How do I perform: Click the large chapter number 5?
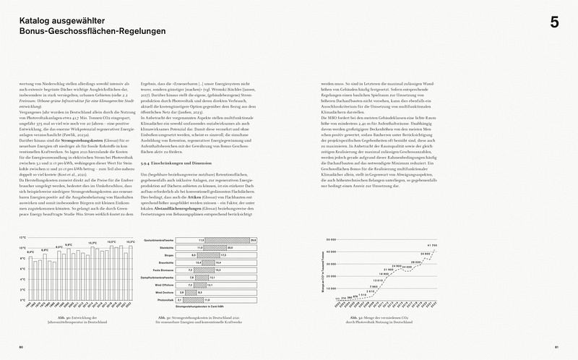pyautogui.click(x=554, y=22)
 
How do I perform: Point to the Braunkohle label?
pyautogui.click(x=165, y=262)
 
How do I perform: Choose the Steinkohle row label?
pyautogui.click(x=165, y=247)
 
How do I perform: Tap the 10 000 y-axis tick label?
pyautogui.click(x=332, y=288)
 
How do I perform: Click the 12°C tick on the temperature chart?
pyautogui.click(x=22, y=248)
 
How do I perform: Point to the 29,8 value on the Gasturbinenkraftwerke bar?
pyautogui.click(x=253, y=239)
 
